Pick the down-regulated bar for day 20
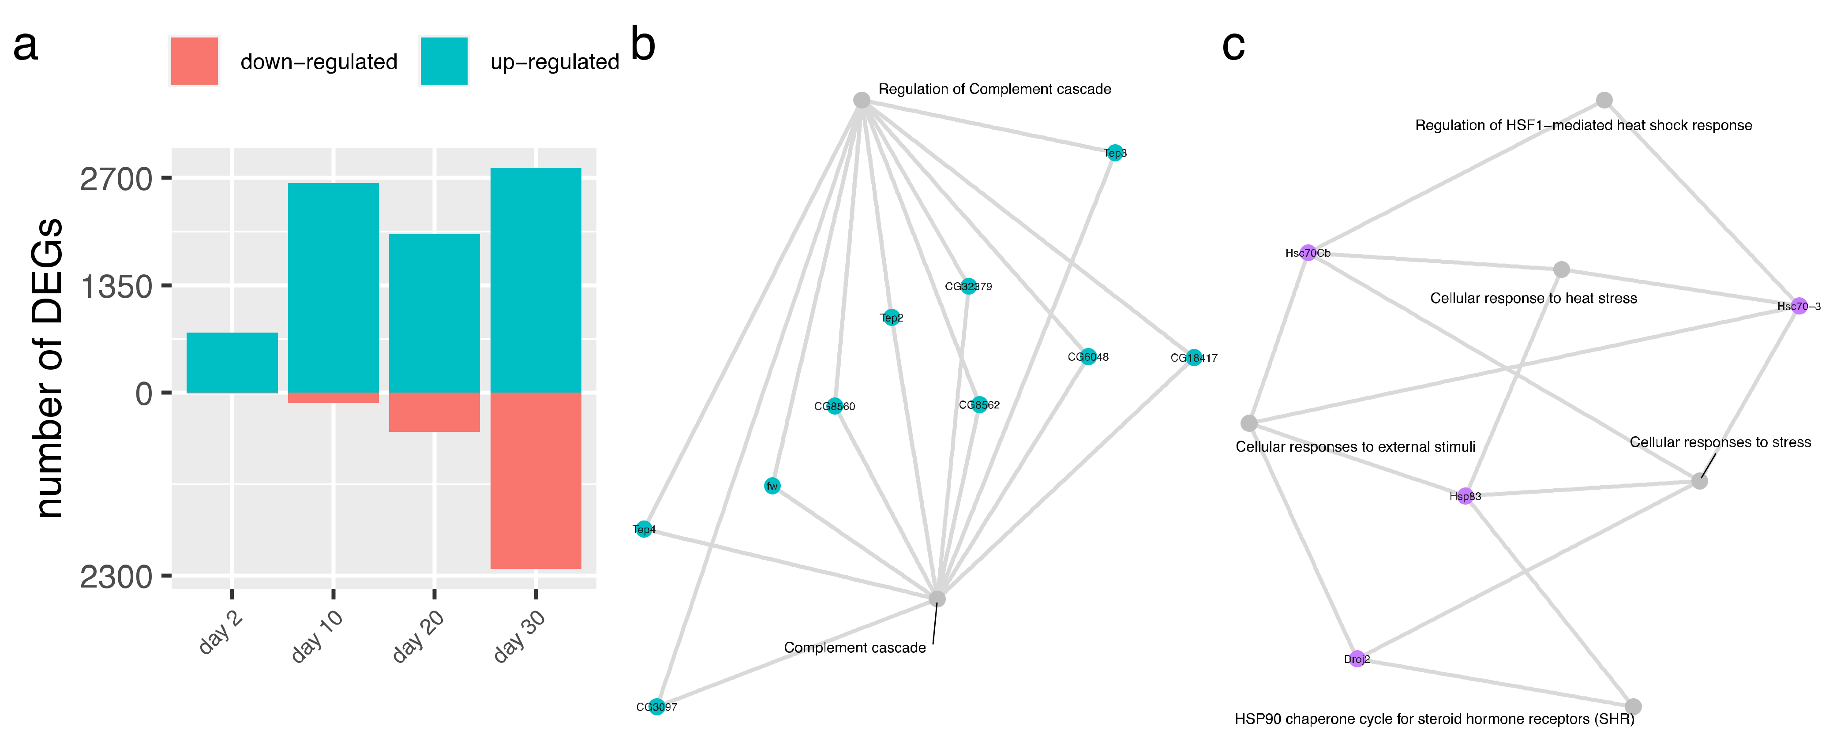click(434, 412)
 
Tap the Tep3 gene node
click(1114, 153)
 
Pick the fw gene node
click(772, 486)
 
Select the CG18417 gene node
click(1193, 358)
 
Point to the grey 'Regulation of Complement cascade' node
click(862, 100)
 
